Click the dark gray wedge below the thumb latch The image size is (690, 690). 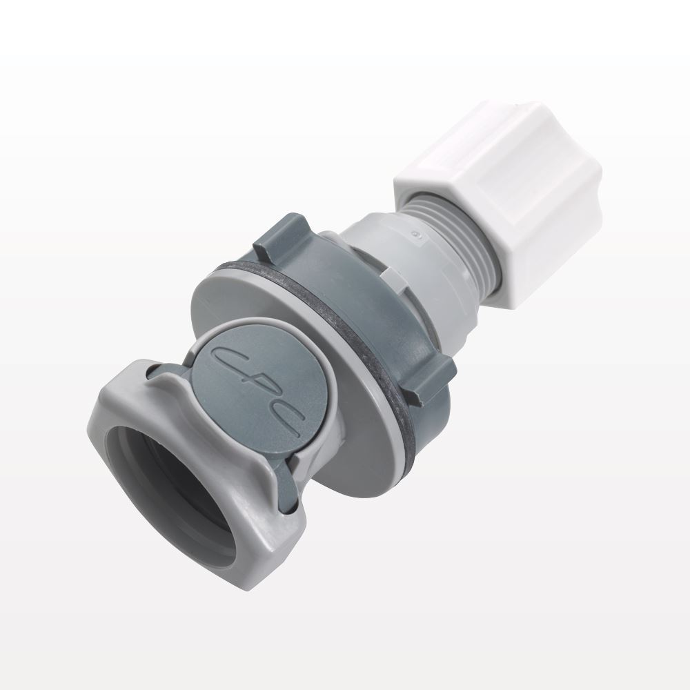(290, 483)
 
